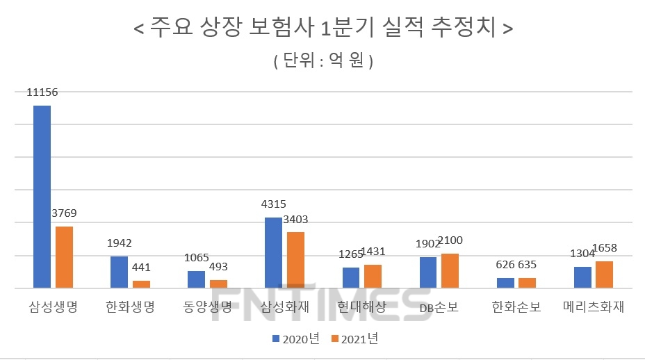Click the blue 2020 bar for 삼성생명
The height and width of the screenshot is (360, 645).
pos(42,197)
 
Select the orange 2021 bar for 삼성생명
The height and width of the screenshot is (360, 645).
pos(65,257)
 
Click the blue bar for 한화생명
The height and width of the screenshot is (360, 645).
pos(120,272)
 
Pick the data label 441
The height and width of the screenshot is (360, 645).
pos(141,267)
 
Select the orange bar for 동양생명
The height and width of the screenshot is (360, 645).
pos(218,284)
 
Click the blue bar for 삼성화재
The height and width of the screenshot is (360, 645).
pos(274,252)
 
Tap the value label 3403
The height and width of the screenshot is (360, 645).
pos(295,219)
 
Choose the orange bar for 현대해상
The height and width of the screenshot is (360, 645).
pos(373,276)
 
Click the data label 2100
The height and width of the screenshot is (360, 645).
pos(449,240)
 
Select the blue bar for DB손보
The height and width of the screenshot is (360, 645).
pos(428,272)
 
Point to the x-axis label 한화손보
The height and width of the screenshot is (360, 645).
pos(516,306)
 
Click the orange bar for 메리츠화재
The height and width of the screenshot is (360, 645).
pos(604,275)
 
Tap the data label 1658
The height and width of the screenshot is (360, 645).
pos(604,248)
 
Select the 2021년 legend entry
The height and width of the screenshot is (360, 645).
pos(354,338)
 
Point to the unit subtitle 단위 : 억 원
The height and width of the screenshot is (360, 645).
pos(323,61)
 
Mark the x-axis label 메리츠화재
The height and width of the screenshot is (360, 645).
pos(594,306)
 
